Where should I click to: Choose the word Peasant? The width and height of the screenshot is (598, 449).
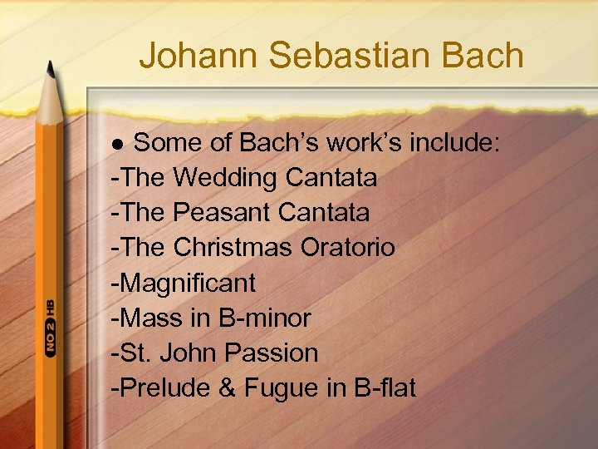[222, 213]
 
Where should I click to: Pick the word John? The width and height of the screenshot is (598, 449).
[186, 353]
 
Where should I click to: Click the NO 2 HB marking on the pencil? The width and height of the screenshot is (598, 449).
[51, 328]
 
